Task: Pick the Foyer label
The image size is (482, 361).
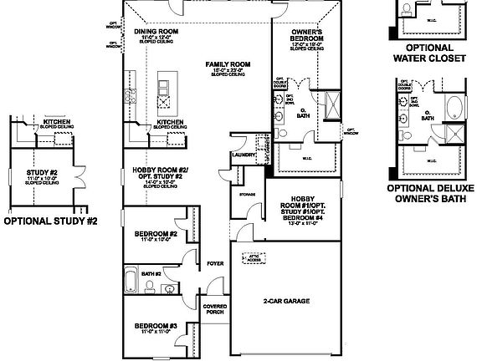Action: [x=214, y=262]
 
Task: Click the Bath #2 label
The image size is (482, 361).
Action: [x=150, y=272]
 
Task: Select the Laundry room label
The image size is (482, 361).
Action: [x=244, y=155]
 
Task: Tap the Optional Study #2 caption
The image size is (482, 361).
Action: [x=51, y=222]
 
